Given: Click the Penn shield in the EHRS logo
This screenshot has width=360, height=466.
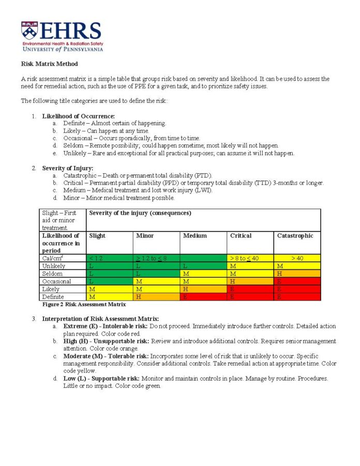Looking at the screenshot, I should click(29, 31).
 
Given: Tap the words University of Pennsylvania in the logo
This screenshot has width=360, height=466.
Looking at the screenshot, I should click(62, 49).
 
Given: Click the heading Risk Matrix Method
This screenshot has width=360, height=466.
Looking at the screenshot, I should click(49, 64).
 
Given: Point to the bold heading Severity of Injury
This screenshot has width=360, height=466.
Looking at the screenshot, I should click(67, 168).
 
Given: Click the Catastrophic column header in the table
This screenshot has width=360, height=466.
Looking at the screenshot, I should click(295, 236).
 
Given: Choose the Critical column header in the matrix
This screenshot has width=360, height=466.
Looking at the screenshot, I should click(241, 236).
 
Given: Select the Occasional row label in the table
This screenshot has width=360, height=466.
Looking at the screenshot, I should click(56, 281).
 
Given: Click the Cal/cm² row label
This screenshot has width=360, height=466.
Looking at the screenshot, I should click(53, 258).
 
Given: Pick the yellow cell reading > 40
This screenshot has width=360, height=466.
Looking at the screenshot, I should click(297, 258).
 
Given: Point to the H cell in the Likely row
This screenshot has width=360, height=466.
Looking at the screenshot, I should click(203, 289).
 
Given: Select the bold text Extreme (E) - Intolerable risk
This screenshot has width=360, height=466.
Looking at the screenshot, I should click(106, 326).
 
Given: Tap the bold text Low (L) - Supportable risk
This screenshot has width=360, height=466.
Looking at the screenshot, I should click(101, 379).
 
